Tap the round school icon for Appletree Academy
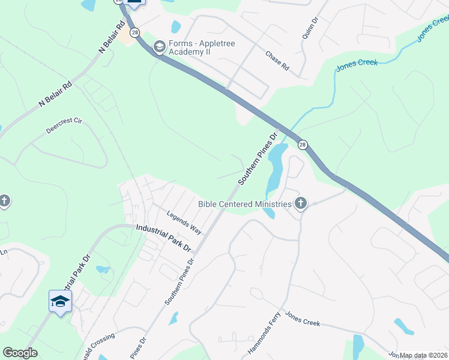(x=159, y=46)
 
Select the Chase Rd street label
(x=277, y=61)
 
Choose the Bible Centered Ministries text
(x=245, y=204)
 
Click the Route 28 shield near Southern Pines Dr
(x=303, y=145)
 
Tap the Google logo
(x=20, y=353)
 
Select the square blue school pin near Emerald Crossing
(x=60, y=301)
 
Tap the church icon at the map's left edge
(x=4, y=200)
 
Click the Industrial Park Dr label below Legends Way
(x=163, y=238)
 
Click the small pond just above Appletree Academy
(x=176, y=27)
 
